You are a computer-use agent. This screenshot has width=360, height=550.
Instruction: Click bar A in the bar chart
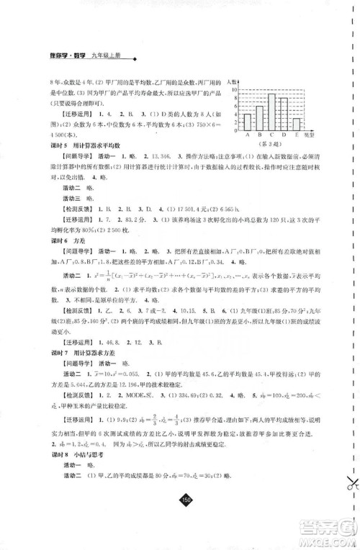[247, 120]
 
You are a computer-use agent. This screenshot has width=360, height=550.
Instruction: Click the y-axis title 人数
[233, 84]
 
